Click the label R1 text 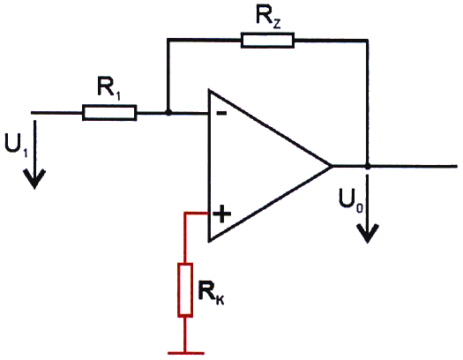coord(109,87)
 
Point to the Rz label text coord(268,18)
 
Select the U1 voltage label coord(16,145)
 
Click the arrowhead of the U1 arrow coord(35,179)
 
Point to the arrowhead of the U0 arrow coord(368,233)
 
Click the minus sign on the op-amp coord(221,113)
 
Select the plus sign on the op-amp coord(222,214)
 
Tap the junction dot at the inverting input coord(168,113)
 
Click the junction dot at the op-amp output coord(368,166)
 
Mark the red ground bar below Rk coord(186,353)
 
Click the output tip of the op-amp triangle coord(332,166)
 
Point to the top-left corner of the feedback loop coord(168,39)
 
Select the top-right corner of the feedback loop coord(368,40)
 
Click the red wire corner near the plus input coord(185,213)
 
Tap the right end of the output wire coord(457,167)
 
